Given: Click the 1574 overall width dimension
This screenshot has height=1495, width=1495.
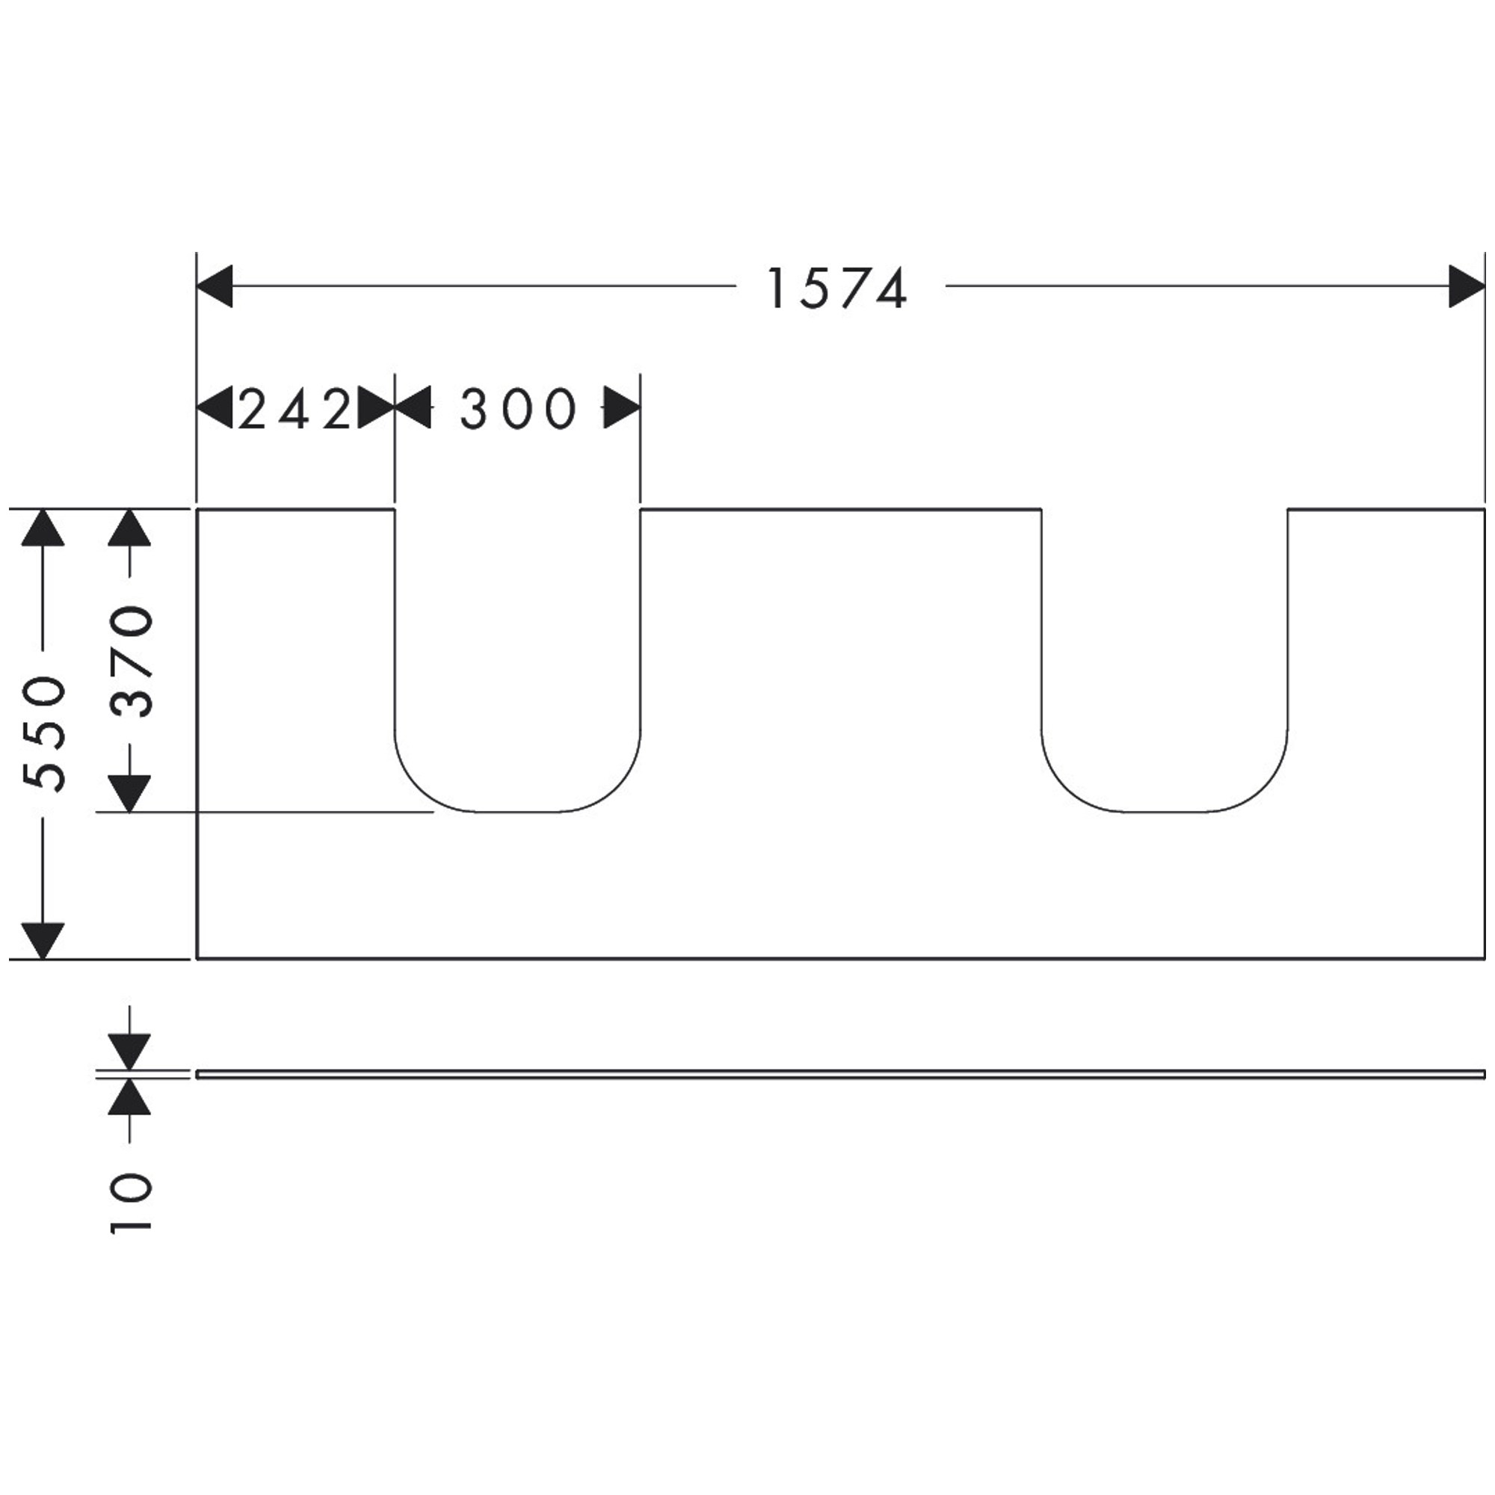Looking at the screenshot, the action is [x=836, y=289].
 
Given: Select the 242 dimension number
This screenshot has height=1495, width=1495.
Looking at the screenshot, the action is [x=295, y=409].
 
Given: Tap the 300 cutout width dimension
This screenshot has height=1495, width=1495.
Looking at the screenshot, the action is [x=518, y=409].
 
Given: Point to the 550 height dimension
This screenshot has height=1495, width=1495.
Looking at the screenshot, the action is [x=43, y=733].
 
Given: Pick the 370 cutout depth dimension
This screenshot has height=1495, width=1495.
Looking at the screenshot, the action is [x=129, y=662].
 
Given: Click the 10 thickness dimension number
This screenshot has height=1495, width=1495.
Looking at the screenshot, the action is [x=129, y=1203].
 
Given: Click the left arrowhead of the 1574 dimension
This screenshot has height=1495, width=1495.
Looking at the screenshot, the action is [x=215, y=286].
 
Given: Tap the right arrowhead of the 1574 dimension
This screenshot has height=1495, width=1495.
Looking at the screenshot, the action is [x=1467, y=286].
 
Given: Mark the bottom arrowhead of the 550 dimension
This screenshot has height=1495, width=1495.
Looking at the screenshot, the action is [x=43, y=941].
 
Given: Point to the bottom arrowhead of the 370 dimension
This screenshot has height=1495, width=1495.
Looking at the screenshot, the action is [x=129, y=794].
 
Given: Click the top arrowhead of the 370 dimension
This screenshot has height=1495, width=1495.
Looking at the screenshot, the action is [x=129, y=528].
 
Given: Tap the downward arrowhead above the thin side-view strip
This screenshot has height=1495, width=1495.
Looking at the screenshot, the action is [x=129, y=1052].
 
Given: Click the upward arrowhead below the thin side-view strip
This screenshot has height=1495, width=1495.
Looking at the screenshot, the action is [x=129, y=1097].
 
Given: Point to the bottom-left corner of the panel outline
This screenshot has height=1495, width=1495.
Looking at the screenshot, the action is [x=197, y=959].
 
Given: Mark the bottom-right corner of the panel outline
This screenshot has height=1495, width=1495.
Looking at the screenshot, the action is [x=1485, y=959].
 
